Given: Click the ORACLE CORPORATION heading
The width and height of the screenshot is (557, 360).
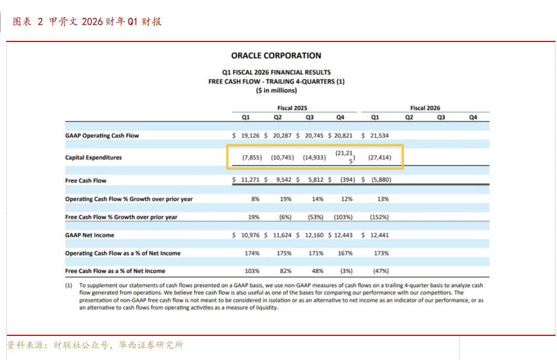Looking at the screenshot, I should click(x=276, y=56).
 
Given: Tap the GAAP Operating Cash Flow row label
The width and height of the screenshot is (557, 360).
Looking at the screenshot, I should click(x=102, y=136).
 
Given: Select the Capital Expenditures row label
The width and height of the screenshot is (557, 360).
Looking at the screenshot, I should click(x=93, y=157).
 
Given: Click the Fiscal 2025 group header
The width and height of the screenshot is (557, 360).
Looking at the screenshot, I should click(x=293, y=108).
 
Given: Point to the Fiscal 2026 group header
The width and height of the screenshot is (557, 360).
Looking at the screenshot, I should click(x=425, y=108).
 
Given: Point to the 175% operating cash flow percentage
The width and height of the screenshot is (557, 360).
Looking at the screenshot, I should click(x=284, y=253).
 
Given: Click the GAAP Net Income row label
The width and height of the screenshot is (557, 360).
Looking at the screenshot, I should click(x=90, y=236).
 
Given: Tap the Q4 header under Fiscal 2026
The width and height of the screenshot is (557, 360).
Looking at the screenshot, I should click(x=473, y=118).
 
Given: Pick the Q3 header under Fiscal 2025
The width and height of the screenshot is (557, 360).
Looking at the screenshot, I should click(x=309, y=118).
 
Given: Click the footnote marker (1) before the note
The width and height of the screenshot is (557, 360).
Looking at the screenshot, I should click(x=69, y=285).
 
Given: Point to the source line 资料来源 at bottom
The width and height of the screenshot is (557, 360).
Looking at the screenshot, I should click(x=95, y=345).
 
